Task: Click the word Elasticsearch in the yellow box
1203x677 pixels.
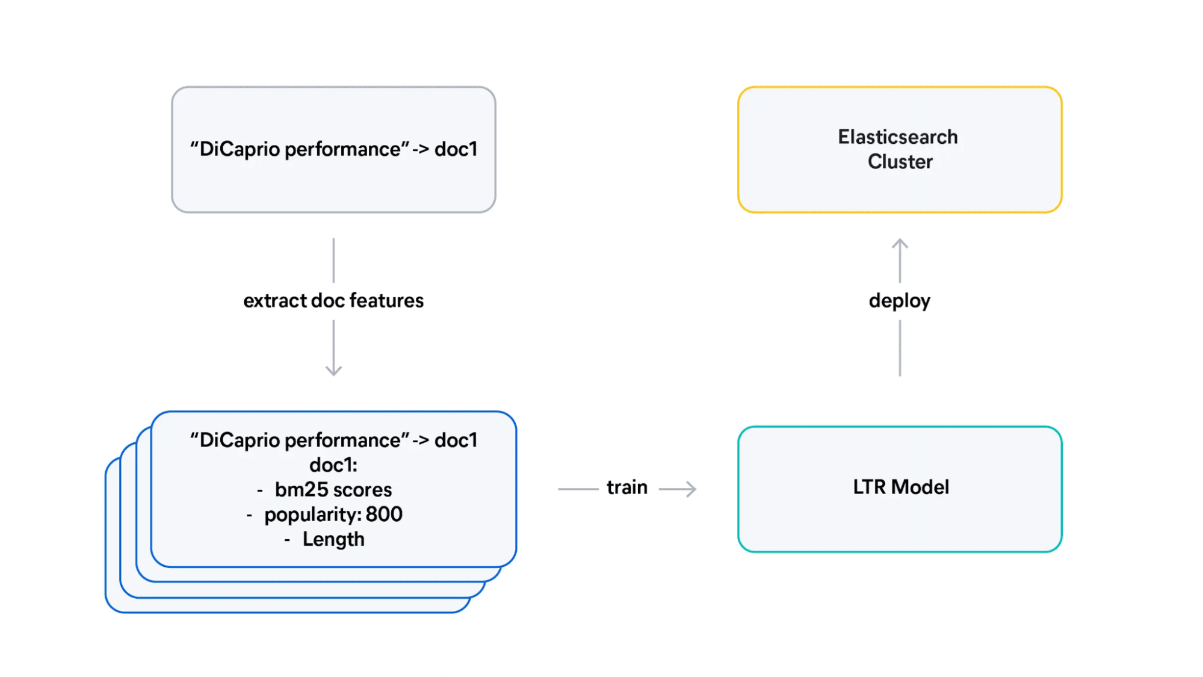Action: (x=897, y=137)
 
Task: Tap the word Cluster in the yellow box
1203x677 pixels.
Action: (x=900, y=162)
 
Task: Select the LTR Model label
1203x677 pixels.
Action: (x=900, y=487)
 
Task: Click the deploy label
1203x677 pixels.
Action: (x=899, y=300)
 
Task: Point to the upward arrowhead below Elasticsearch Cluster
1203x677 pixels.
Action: (x=900, y=243)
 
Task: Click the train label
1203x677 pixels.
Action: (x=626, y=487)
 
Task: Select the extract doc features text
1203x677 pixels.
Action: (x=333, y=300)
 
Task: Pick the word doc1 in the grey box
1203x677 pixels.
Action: (x=456, y=149)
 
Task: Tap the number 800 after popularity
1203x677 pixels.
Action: (x=384, y=515)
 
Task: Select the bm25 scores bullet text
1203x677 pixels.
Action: (x=333, y=490)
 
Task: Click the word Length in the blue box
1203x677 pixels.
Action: (x=333, y=539)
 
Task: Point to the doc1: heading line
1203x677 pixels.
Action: (x=333, y=465)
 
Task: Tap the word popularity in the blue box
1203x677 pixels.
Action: (x=311, y=515)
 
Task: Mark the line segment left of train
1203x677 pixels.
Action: (x=578, y=489)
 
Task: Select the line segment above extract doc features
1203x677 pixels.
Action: (x=333, y=260)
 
